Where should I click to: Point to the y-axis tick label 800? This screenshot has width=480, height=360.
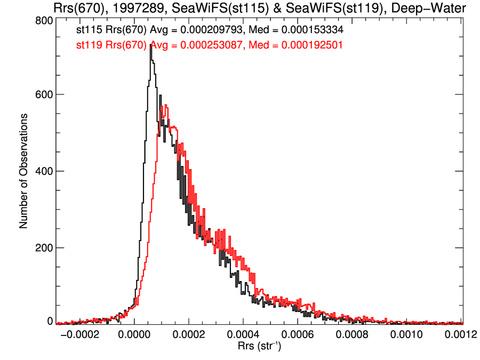coord(43,20)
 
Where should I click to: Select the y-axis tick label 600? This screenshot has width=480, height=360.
coord(43,95)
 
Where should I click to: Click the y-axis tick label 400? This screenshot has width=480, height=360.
coord(43,171)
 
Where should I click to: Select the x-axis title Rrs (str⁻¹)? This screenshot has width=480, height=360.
coord(259,347)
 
